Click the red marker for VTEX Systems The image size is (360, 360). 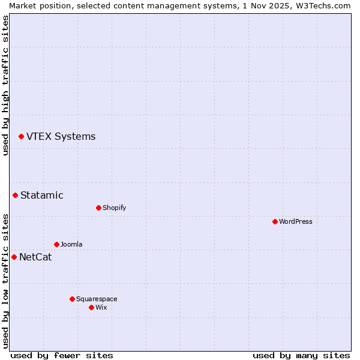point(21,137)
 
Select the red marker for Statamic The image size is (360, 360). point(15,195)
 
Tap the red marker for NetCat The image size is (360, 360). point(14,257)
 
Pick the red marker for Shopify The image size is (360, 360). point(98,208)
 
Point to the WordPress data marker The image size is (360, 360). point(275,221)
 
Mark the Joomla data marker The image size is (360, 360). point(56,244)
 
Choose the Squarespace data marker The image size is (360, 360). point(72,299)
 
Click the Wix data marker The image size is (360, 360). point(91,307)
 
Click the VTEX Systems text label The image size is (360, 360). point(61,137)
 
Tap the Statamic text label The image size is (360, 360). point(41,195)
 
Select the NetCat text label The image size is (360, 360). point(35,257)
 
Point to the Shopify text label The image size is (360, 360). point(114,208)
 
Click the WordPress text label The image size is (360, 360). point(295,221)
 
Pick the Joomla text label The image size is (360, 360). point(71,244)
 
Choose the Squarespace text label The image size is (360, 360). point(97,299)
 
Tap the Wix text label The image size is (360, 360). point(101,307)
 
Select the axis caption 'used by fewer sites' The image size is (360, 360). point(62,355)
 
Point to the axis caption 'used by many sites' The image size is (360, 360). point(301,355)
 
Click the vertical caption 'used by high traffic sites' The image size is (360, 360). point(5,85)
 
